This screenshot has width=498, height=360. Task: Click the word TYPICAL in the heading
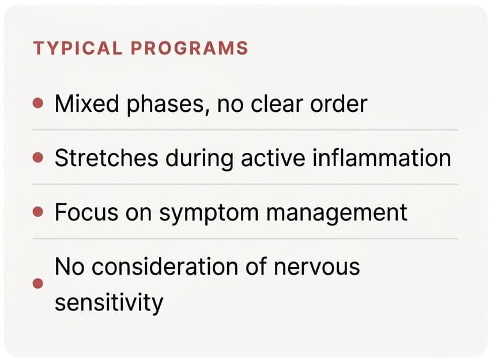[x=77, y=48]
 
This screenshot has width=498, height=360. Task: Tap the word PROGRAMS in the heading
[x=189, y=48]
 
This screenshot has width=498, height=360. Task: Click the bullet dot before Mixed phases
[x=38, y=103]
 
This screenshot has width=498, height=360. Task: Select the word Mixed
[x=86, y=104]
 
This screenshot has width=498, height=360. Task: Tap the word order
[x=339, y=104]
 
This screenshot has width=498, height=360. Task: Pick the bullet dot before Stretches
[x=38, y=157]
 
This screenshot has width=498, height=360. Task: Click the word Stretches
[x=107, y=158]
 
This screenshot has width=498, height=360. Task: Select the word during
[x=199, y=159]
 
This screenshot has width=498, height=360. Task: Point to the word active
[x=273, y=158]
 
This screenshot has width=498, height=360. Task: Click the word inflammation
[x=382, y=158]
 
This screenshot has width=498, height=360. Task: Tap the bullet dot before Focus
[x=38, y=212]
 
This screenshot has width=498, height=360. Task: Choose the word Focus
[x=86, y=212]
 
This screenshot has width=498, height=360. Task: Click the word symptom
[x=209, y=213]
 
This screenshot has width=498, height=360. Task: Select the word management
[x=337, y=213]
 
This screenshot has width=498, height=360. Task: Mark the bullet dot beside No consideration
[x=38, y=283]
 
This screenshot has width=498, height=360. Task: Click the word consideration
[x=165, y=267]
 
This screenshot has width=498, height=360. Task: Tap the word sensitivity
[x=109, y=303]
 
